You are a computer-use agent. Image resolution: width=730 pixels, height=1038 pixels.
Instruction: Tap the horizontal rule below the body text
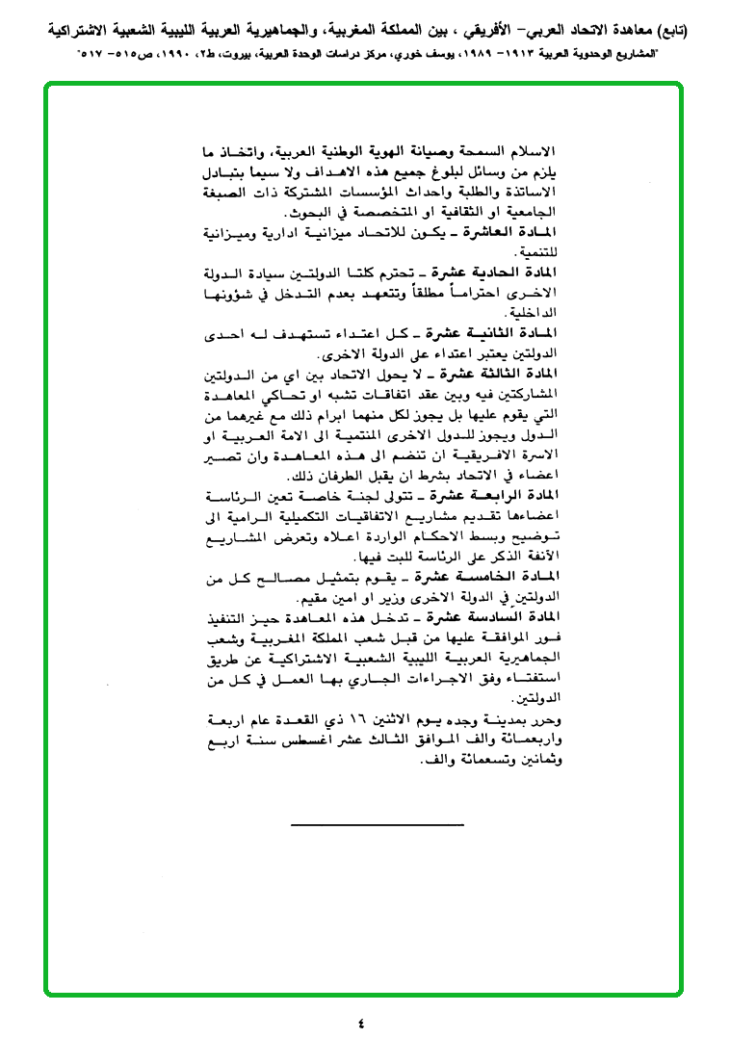pos(377,824)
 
